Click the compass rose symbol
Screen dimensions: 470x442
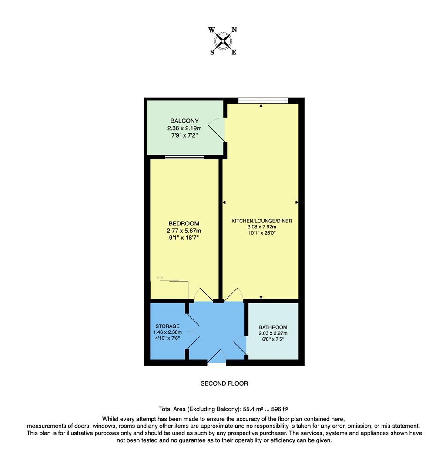tap(224, 41)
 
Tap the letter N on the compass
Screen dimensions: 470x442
tap(234, 30)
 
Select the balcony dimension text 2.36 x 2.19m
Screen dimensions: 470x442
tap(184, 128)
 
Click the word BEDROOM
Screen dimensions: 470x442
tap(184, 224)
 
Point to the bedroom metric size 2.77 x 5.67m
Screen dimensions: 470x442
tap(184, 231)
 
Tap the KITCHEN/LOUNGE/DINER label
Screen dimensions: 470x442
tap(261, 221)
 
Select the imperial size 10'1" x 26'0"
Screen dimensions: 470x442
tap(261, 233)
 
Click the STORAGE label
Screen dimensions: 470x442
tap(167, 326)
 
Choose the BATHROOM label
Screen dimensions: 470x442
tap(273, 327)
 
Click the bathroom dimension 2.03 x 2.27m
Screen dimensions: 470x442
tap(273, 333)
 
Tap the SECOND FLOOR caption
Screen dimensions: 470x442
tap(224, 383)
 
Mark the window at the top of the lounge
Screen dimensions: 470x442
tap(263, 101)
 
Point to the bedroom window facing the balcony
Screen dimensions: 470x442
tap(184, 157)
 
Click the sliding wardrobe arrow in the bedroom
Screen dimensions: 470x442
tap(160, 278)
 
